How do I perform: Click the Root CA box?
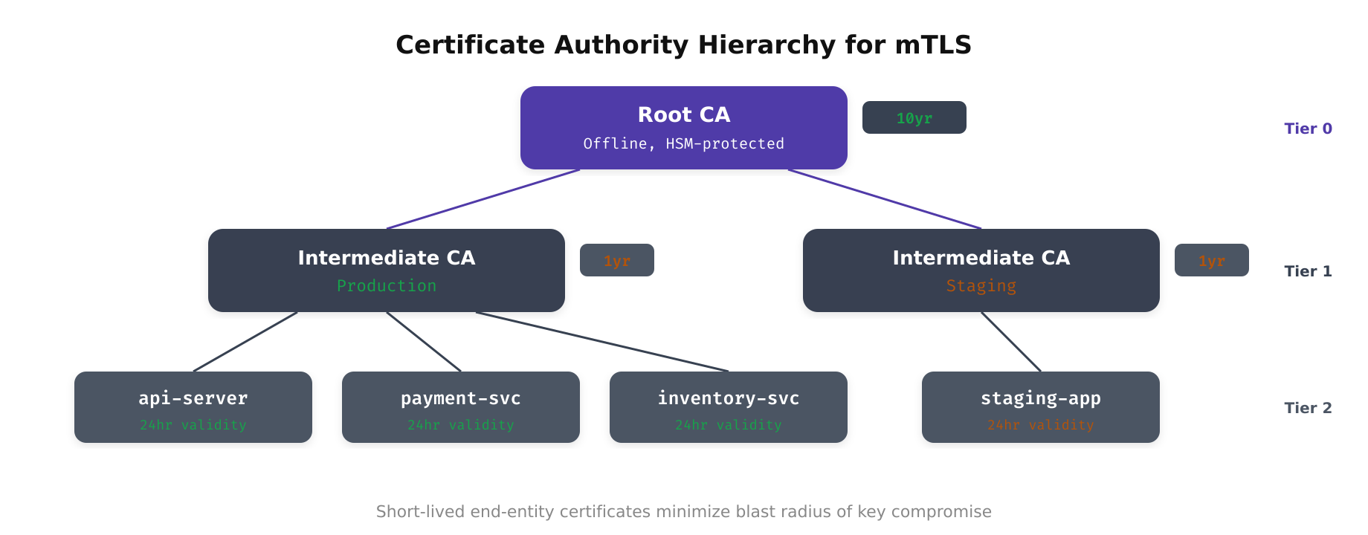tap(684, 128)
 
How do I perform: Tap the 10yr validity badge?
tap(914, 118)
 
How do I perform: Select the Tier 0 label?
tap(1308, 129)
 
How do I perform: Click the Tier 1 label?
tap(1308, 271)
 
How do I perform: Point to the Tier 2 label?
tap(1308, 408)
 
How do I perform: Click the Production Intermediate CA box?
tap(387, 270)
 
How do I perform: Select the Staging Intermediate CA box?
tap(981, 270)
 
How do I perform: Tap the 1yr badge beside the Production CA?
tap(616, 261)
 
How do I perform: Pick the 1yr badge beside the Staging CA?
tap(1211, 261)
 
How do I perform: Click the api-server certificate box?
tap(193, 407)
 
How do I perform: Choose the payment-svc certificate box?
tap(461, 407)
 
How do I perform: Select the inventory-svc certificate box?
tap(729, 407)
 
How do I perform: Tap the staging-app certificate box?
tap(1041, 407)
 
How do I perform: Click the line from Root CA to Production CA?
tap(483, 199)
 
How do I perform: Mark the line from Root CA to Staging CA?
tap(885, 199)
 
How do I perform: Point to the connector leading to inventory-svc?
tap(602, 342)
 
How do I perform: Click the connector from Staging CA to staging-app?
tap(1011, 342)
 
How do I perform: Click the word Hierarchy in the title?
tap(767, 45)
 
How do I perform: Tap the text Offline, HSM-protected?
tap(684, 143)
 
